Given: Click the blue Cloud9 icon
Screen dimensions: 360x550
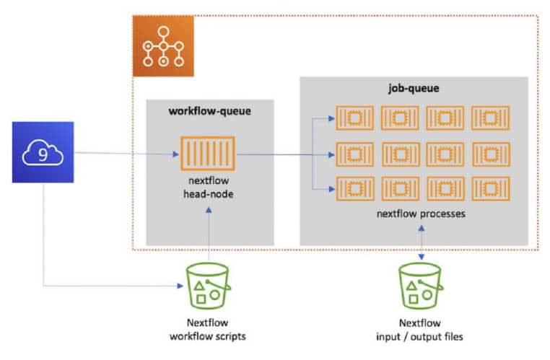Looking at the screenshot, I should [43, 152].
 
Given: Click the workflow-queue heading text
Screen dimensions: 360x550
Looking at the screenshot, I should [209, 111].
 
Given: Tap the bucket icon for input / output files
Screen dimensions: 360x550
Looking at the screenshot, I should [419, 287].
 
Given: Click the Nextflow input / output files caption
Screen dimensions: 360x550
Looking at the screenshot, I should [419, 329].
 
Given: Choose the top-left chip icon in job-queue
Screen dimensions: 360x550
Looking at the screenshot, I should [354, 118].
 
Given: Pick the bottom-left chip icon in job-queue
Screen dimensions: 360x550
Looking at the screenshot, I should [354, 188].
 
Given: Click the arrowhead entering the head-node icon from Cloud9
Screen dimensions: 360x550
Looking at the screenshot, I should [175, 154].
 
